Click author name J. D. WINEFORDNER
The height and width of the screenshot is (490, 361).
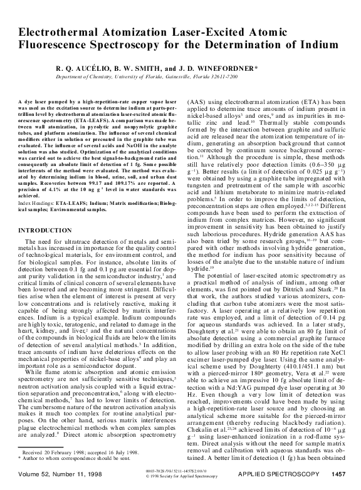tap(216, 67)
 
